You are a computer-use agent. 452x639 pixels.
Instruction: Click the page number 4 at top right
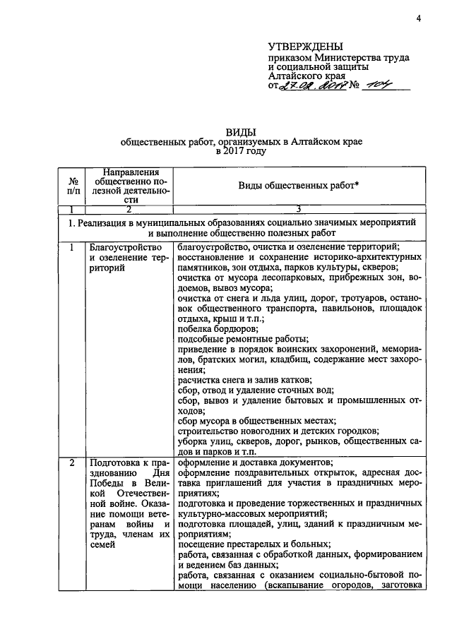[418, 18]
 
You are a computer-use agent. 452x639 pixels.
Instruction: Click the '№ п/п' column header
[73, 186]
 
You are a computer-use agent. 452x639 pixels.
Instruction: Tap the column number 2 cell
[129, 209]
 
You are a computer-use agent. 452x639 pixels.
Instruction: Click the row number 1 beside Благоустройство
[72, 246]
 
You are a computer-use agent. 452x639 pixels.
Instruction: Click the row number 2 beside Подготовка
[72, 463]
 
